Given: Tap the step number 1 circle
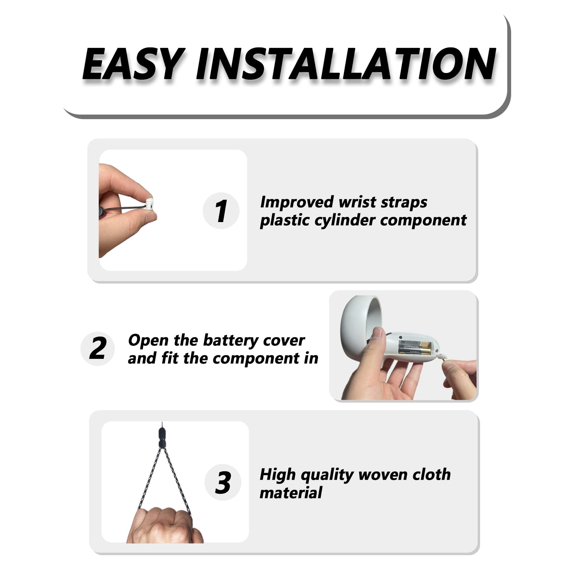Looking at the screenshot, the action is click(x=221, y=211).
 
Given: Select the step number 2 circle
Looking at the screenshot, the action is click(x=98, y=348).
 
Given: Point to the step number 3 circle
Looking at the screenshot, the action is click(x=223, y=482).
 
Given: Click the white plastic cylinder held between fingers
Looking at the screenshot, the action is click(x=149, y=203).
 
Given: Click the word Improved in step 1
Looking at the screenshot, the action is click(x=297, y=203).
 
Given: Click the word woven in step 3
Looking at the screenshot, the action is click(x=383, y=474).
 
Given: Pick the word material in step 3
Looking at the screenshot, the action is click(x=291, y=492).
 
